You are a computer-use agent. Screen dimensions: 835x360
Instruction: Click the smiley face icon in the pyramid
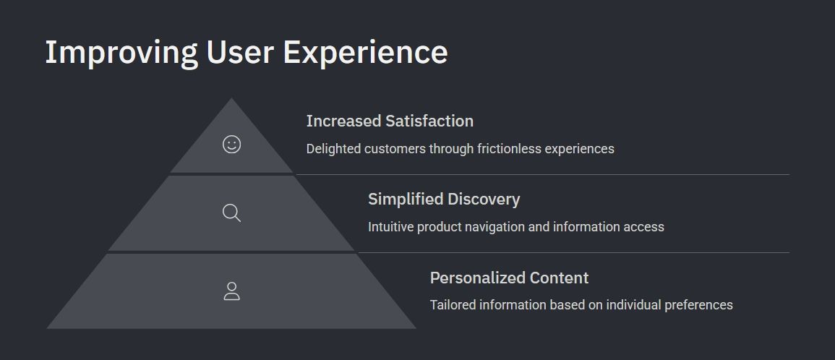231,145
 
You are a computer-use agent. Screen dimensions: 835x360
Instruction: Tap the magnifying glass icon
231,213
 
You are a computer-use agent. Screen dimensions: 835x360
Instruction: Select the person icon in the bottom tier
231,291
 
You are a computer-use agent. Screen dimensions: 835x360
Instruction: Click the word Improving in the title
121,53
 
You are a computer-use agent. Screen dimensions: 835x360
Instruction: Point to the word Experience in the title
365,53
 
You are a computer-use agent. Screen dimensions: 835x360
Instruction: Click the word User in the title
240,52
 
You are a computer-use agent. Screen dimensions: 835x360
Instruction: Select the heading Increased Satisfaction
390,121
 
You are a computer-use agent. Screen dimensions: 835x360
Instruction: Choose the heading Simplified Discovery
444,200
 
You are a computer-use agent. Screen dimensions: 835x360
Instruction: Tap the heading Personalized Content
509,278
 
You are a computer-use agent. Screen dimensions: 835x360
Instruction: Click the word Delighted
333,149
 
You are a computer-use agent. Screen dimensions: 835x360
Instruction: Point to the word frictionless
509,149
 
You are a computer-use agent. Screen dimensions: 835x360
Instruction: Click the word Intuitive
391,227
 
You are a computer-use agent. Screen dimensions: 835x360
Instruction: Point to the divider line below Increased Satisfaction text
543,174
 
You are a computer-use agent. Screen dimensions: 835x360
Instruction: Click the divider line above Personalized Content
573,252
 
